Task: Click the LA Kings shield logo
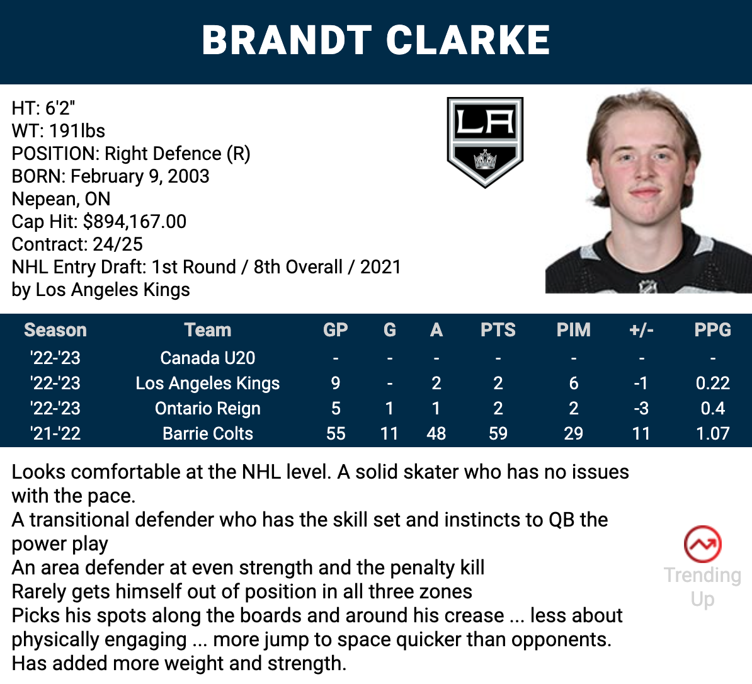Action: [485, 142]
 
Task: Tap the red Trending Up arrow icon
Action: [703, 544]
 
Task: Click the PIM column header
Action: [573, 330]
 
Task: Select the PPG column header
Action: [713, 330]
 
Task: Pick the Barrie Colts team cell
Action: [208, 433]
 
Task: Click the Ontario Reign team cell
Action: [208, 409]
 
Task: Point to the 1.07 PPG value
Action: [713, 433]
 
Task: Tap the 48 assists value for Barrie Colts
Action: [436, 433]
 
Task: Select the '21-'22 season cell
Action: [55, 433]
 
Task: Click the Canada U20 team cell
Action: [208, 358]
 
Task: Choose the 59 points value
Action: [498, 433]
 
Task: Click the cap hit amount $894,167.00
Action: [135, 222]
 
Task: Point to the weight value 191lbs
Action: [77, 131]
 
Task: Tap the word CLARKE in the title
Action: [468, 40]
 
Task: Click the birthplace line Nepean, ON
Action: [61, 199]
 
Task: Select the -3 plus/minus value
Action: [641, 409]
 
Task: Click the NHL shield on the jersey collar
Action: [647, 287]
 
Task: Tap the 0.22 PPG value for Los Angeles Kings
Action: [713, 383]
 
